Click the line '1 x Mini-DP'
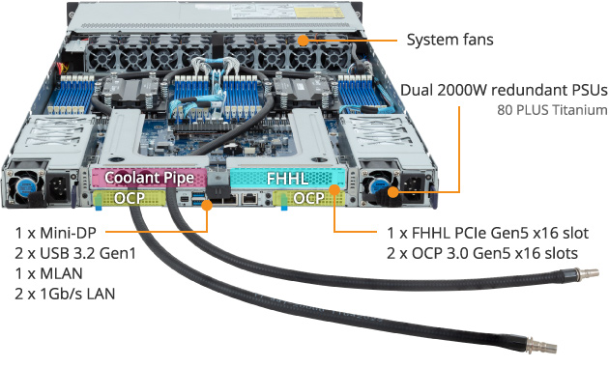tap(54, 233)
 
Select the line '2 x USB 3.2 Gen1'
tap(73, 253)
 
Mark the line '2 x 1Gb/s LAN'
tap(65, 293)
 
